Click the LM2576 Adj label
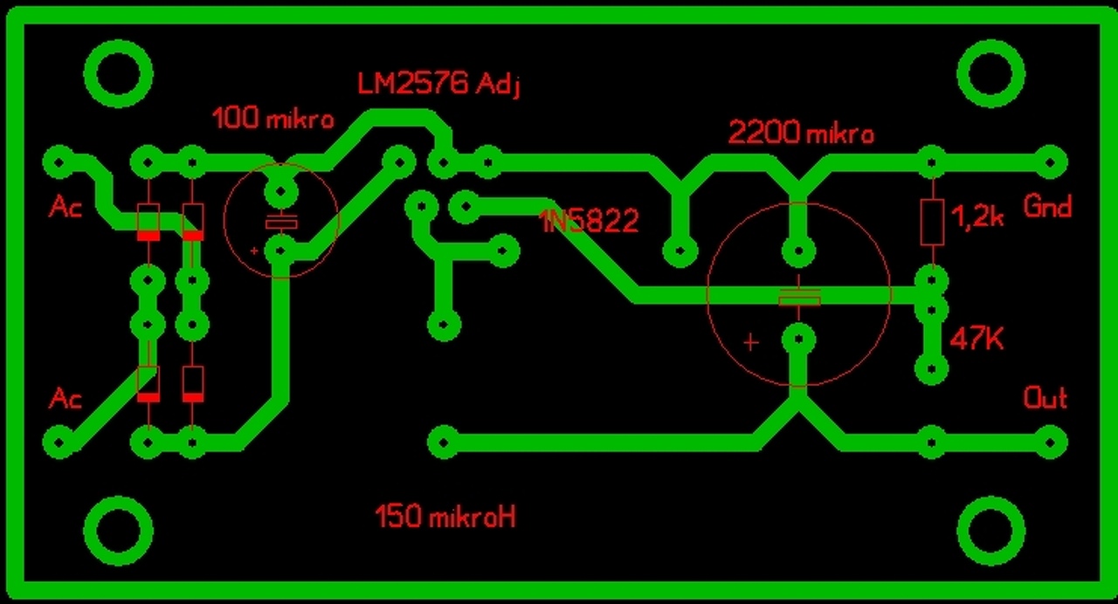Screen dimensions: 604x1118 click(x=438, y=85)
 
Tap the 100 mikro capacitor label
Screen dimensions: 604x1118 click(x=273, y=119)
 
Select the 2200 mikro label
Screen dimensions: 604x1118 click(x=801, y=134)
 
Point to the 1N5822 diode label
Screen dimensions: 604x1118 click(x=589, y=222)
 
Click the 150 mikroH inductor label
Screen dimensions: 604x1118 click(x=445, y=517)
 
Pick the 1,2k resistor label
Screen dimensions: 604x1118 click(x=977, y=219)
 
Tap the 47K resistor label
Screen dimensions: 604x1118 click(x=977, y=339)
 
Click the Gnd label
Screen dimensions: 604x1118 click(x=1047, y=208)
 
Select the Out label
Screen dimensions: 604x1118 click(x=1046, y=399)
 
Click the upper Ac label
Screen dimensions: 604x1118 click(x=66, y=208)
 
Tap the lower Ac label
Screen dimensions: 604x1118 click(x=66, y=399)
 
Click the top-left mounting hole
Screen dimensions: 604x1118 click(x=119, y=73)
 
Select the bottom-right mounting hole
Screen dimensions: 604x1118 click(x=991, y=530)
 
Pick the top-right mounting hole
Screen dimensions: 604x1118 click(x=991, y=73)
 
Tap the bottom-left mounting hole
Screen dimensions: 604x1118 click(x=119, y=530)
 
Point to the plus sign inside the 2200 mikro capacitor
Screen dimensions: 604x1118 click(x=750, y=342)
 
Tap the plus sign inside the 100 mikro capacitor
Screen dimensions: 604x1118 click(x=254, y=251)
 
